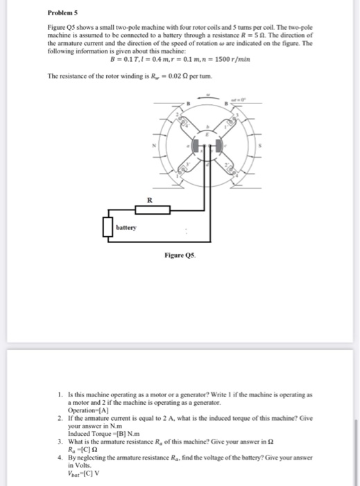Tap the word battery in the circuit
coord(126,227)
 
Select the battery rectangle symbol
coord(108,227)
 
